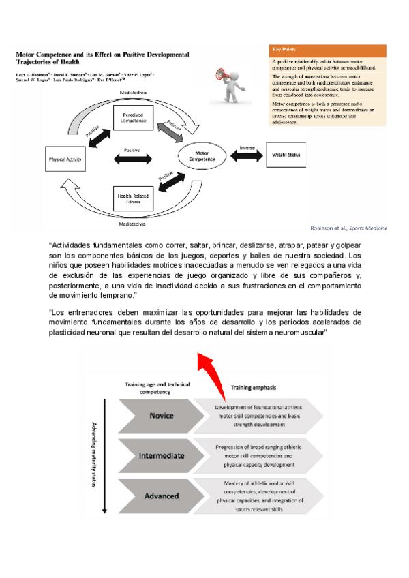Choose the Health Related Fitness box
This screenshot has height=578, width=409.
click(133, 198)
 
